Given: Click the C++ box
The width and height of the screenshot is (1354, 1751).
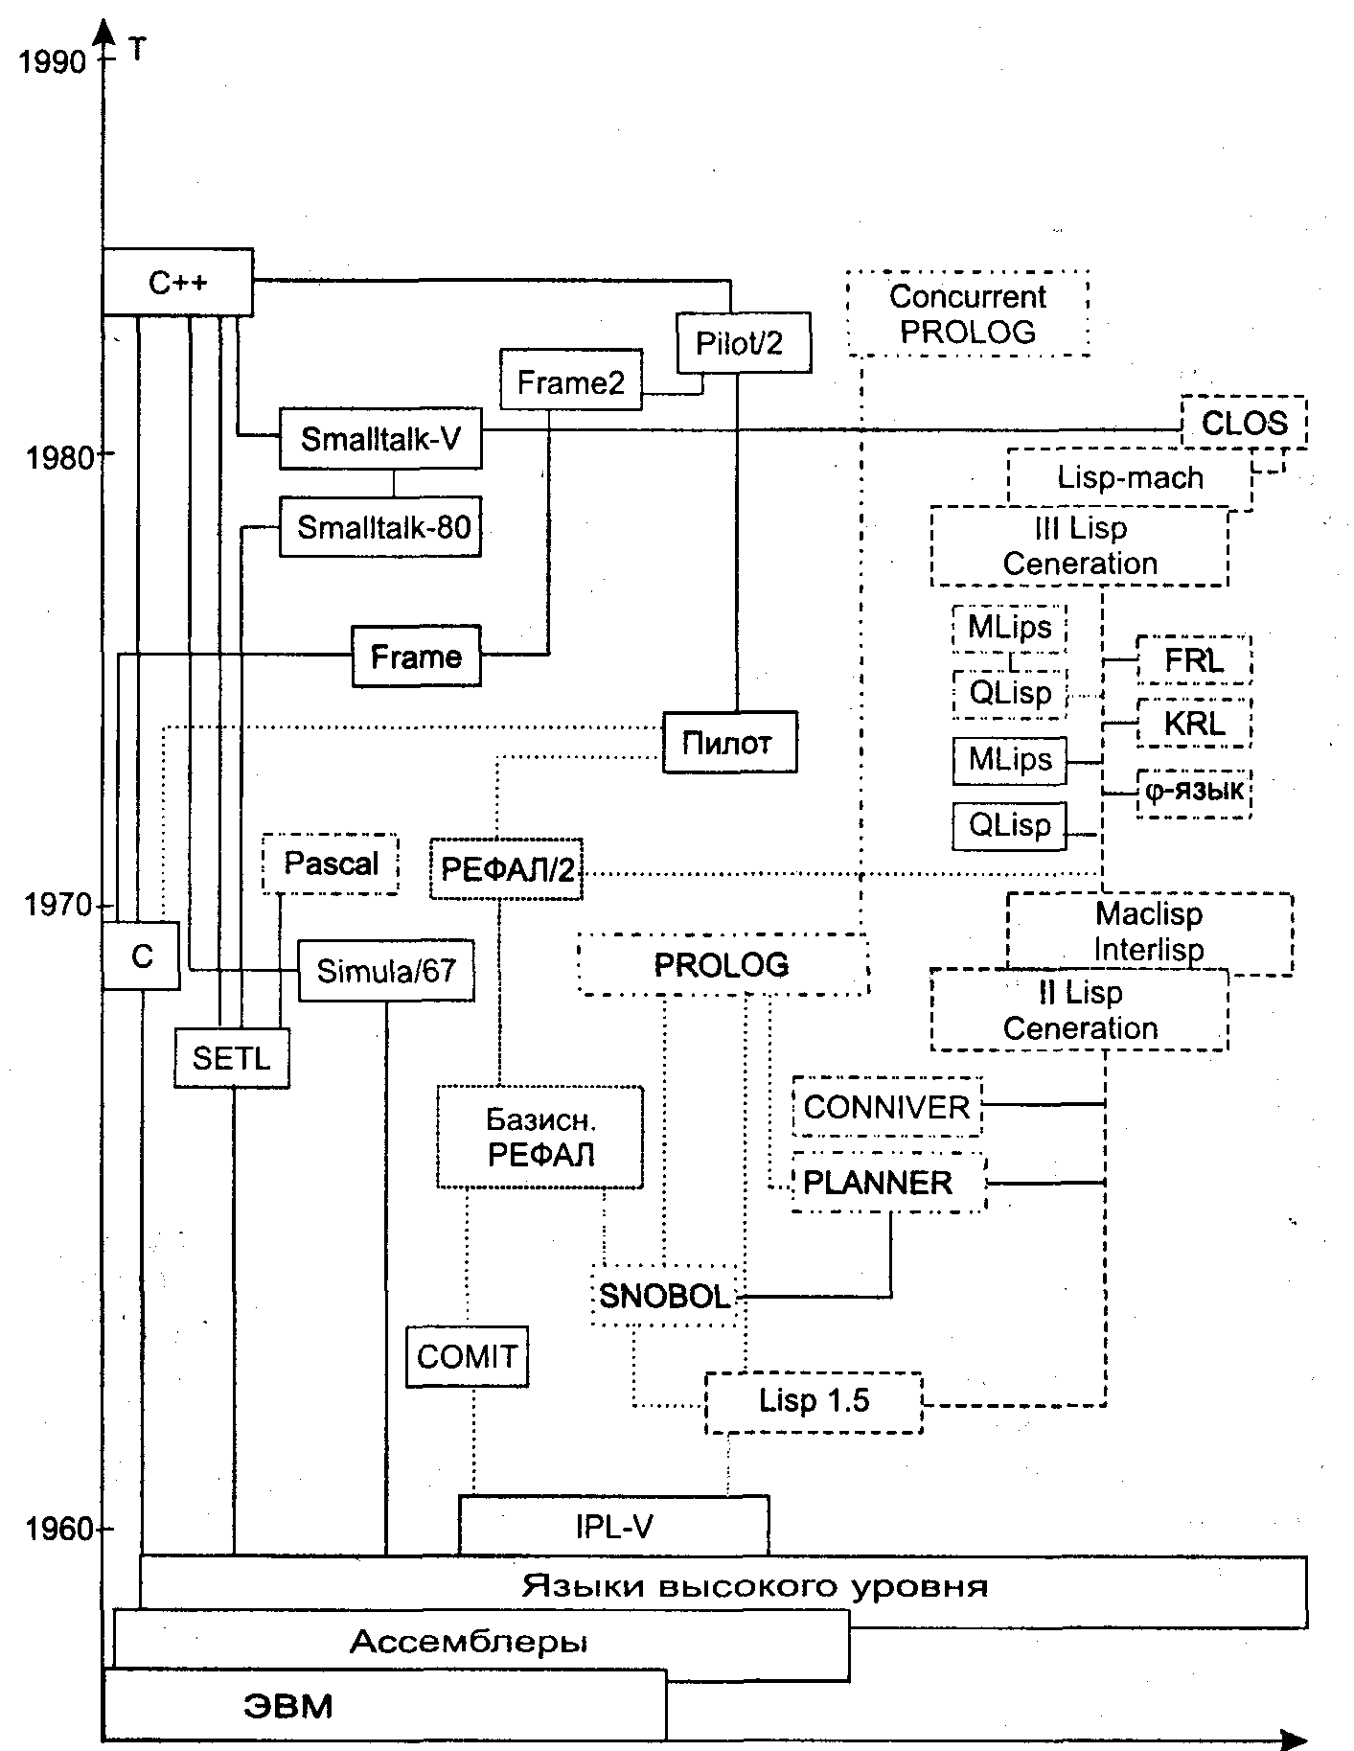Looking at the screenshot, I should [x=177, y=283].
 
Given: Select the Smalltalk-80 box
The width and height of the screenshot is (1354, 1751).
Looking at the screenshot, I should [x=380, y=527].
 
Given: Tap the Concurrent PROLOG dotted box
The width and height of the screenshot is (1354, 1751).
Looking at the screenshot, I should [x=968, y=314].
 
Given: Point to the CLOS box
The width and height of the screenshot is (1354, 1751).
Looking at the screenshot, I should [x=1244, y=423].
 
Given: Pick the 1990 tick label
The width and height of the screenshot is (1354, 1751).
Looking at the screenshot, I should [x=53, y=62].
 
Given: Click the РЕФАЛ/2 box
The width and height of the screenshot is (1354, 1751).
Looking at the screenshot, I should [x=507, y=870].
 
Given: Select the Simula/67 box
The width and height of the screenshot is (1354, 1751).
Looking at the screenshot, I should [x=386, y=971].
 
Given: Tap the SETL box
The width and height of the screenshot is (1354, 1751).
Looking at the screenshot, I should [x=232, y=1058].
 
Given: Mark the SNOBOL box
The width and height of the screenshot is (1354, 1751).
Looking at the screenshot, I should [x=665, y=1297].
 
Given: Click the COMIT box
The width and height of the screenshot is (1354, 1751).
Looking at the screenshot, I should [x=467, y=1356].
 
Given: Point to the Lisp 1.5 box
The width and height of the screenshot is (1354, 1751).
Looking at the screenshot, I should [x=814, y=1402].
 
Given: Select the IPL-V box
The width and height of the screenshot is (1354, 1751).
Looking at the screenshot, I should [x=614, y=1526].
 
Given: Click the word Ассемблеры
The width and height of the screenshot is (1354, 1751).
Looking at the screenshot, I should [x=468, y=1643].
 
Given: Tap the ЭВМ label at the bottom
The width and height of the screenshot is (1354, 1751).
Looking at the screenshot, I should [x=287, y=1707].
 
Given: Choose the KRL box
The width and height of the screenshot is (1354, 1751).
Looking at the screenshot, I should [x=1194, y=723].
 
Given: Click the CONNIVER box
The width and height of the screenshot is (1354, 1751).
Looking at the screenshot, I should [x=886, y=1107].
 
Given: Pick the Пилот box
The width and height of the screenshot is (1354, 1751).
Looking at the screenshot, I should [x=729, y=743].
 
